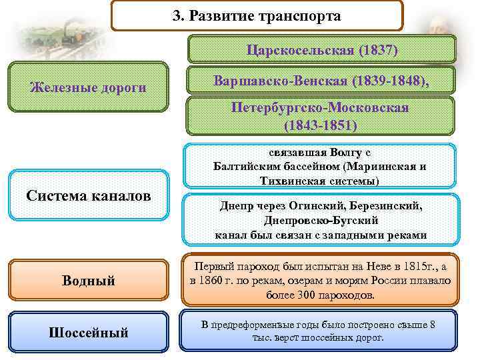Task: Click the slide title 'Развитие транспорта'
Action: [265, 15]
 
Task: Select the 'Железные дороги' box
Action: [89, 87]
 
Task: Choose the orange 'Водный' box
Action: [89, 281]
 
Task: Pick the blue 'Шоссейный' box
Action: [89, 331]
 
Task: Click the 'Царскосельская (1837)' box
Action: [321, 50]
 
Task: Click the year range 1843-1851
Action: [320, 125]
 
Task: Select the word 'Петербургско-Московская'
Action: [320, 108]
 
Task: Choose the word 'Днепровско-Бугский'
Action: [321, 220]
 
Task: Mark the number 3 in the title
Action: [177, 15]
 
